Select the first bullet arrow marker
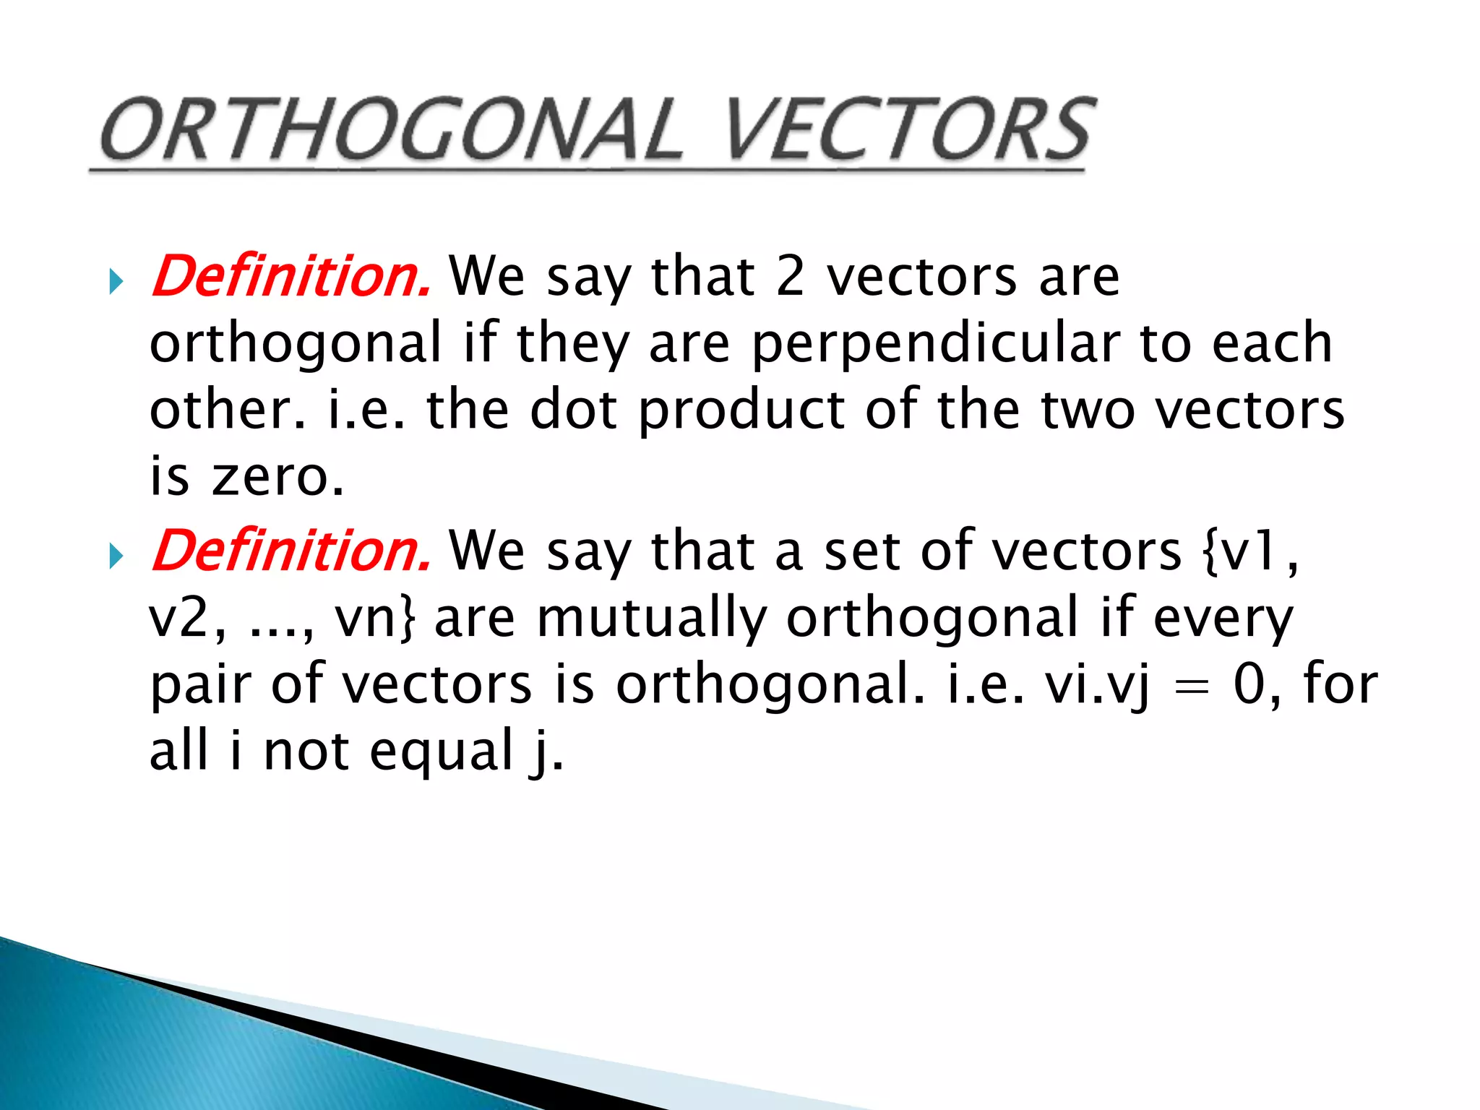point(116,281)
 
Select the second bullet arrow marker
point(116,556)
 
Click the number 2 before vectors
point(790,276)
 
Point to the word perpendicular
point(937,344)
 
